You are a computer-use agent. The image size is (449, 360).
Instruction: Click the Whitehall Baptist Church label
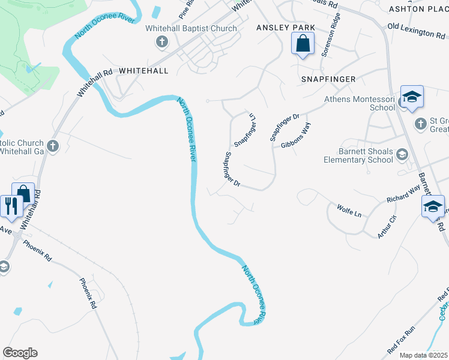coord(191,28)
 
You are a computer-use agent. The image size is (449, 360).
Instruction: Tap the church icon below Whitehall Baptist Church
coord(161,42)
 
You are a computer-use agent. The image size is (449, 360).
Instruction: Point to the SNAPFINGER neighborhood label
coord(328,79)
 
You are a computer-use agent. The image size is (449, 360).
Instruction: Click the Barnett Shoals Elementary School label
coord(358,156)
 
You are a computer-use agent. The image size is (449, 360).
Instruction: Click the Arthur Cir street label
coord(387,227)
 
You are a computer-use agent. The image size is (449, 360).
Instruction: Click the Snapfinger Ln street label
coord(245,130)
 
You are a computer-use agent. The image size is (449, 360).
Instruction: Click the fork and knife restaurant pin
coord(11,206)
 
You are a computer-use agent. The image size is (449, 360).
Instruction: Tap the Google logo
coord(20,353)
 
